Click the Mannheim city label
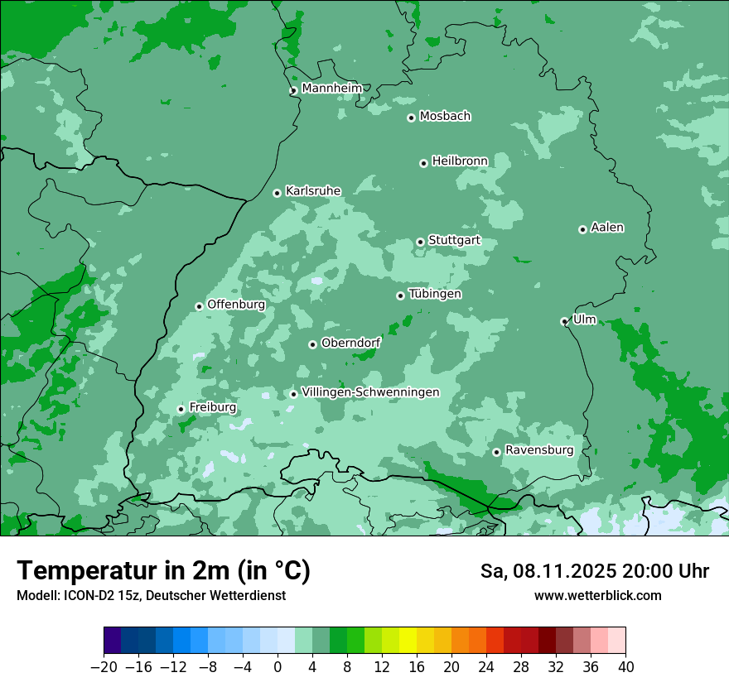click(x=331, y=88)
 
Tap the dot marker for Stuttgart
click(x=420, y=242)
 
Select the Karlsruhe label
click(x=313, y=191)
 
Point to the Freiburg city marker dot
click(x=181, y=409)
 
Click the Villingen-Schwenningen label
click(x=370, y=392)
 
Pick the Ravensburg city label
click(x=539, y=450)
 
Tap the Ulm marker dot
click(x=564, y=321)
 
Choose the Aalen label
click(x=607, y=228)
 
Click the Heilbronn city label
click(x=460, y=161)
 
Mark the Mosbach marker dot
click(x=411, y=118)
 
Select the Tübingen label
click(x=435, y=294)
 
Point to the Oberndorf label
click(x=351, y=343)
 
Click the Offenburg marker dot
click(x=199, y=306)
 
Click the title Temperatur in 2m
click(x=163, y=570)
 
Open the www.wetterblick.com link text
click(x=597, y=595)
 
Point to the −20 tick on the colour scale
click(x=104, y=667)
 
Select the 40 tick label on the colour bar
click(x=625, y=667)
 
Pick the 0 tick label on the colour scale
click(x=278, y=667)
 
